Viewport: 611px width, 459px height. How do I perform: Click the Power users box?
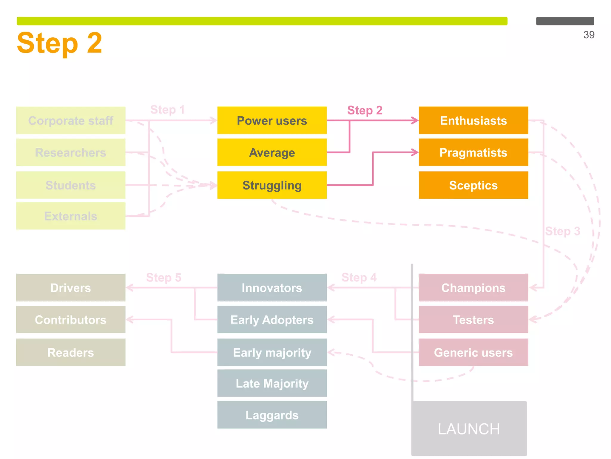[x=272, y=120]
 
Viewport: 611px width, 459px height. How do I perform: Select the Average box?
[x=272, y=152]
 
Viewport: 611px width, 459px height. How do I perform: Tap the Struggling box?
[x=272, y=185]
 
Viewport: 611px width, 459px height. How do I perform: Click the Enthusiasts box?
[x=473, y=120]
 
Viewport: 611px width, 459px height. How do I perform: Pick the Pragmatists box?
[x=473, y=152]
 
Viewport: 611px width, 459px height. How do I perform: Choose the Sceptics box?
[x=473, y=185]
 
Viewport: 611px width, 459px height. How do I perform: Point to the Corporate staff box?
[x=71, y=120]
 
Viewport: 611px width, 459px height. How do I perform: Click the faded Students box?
[x=71, y=185]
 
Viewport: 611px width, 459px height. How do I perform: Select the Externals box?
[x=71, y=216]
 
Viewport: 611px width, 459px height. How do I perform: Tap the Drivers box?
[x=71, y=287]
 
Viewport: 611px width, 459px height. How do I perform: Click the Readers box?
[x=71, y=352]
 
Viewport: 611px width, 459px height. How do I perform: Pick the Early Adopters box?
[x=272, y=319]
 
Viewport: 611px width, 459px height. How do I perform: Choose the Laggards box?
[x=272, y=415]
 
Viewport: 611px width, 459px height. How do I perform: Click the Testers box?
[x=473, y=319]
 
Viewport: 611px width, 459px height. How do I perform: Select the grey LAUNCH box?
[x=469, y=429]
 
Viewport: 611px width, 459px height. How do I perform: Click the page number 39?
[x=589, y=35]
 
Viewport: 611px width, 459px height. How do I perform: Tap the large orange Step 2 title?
[x=60, y=43]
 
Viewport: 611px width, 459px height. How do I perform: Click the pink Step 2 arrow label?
[x=365, y=110]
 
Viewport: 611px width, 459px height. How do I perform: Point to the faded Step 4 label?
[x=359, y=277]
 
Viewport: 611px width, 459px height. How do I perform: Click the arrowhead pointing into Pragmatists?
[x=415, y=152]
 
